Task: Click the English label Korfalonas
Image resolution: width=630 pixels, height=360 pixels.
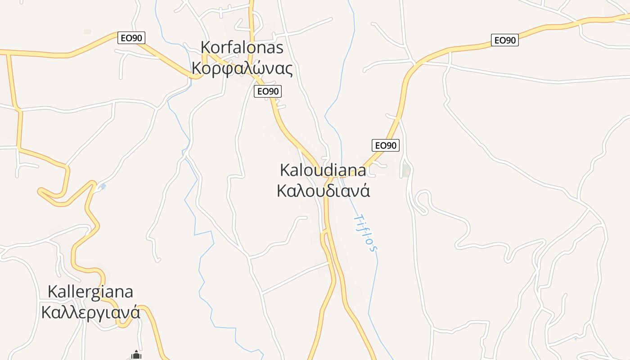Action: click(242, 47)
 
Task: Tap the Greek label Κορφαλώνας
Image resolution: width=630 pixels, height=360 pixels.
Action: click(242, 68)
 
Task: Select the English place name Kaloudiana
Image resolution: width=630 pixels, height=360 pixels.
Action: click(323, 170)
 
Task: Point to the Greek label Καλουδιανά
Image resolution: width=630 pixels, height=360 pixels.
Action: click(323, 191)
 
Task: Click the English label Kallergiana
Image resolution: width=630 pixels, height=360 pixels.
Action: click(90, 292)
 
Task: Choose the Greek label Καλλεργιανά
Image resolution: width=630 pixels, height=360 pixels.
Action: click(90, 312)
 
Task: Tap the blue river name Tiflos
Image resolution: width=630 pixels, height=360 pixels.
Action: click(365, 232)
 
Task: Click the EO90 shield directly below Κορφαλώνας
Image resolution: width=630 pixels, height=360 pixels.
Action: click(267, 91)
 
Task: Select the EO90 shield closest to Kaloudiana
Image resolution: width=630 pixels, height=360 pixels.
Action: click(386, 145)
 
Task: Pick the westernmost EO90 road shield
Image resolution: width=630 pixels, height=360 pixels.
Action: click(131, 38)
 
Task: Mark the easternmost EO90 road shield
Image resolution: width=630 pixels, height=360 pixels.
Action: click(504, 40)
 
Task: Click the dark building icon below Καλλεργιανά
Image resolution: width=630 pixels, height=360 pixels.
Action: click(136, 355)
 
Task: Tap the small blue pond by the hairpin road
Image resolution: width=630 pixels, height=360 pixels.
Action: click(103, 186)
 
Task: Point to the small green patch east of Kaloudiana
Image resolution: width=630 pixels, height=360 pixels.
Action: click(406, 170)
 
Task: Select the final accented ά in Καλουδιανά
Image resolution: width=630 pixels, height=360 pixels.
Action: click(365, 191)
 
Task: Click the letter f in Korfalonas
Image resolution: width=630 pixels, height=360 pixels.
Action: click(229, 47)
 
